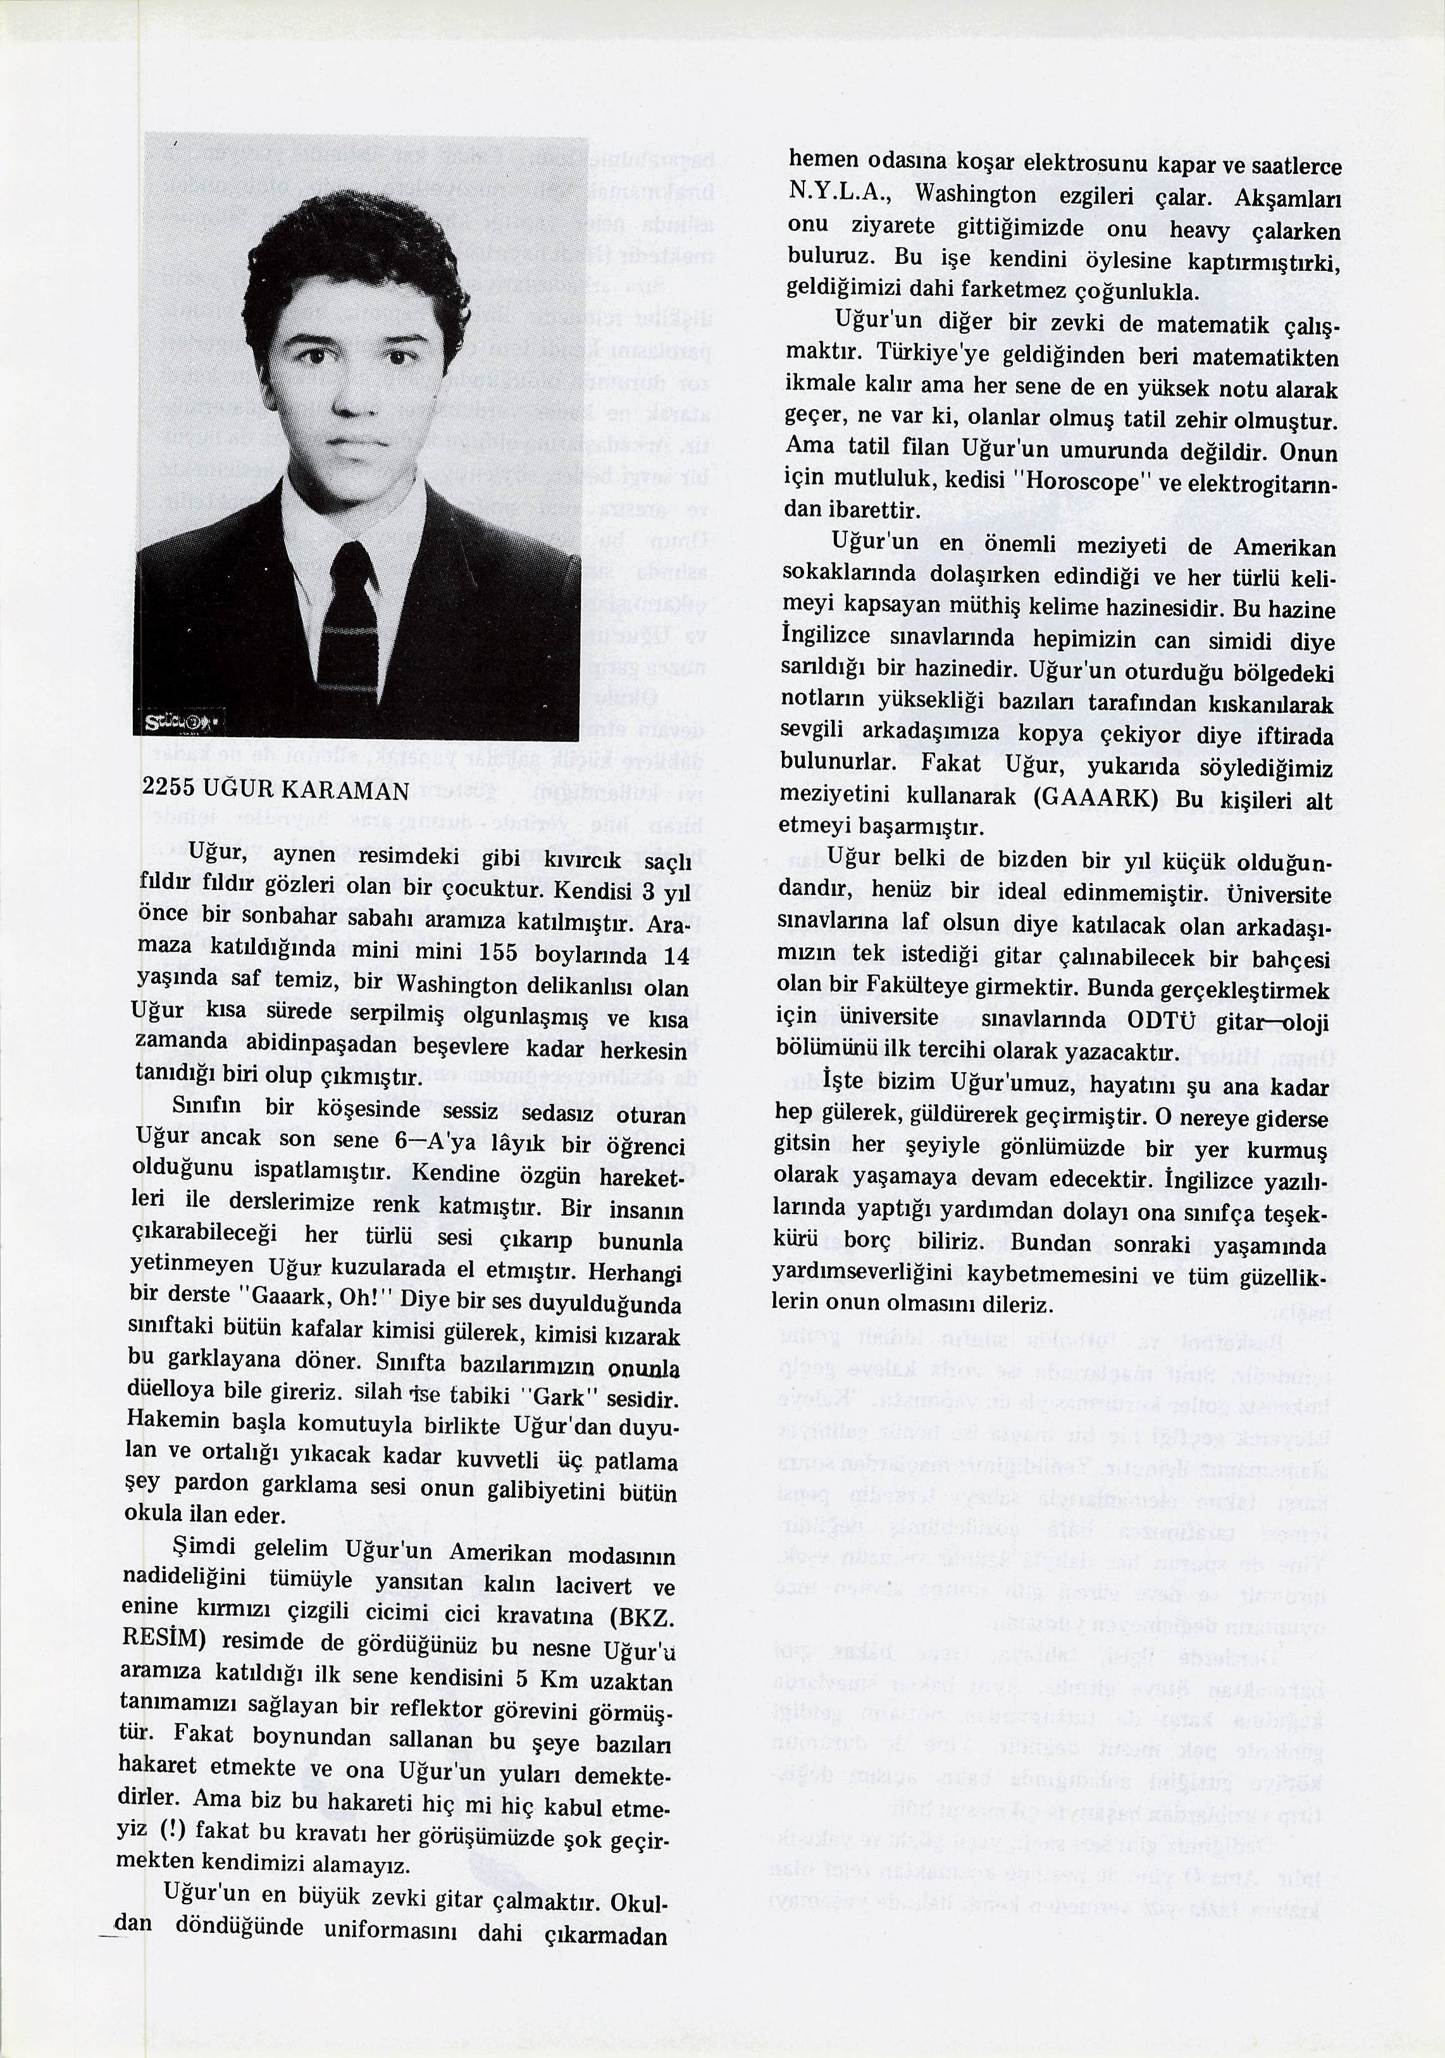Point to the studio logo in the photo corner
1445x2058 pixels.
tap(183, 722)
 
